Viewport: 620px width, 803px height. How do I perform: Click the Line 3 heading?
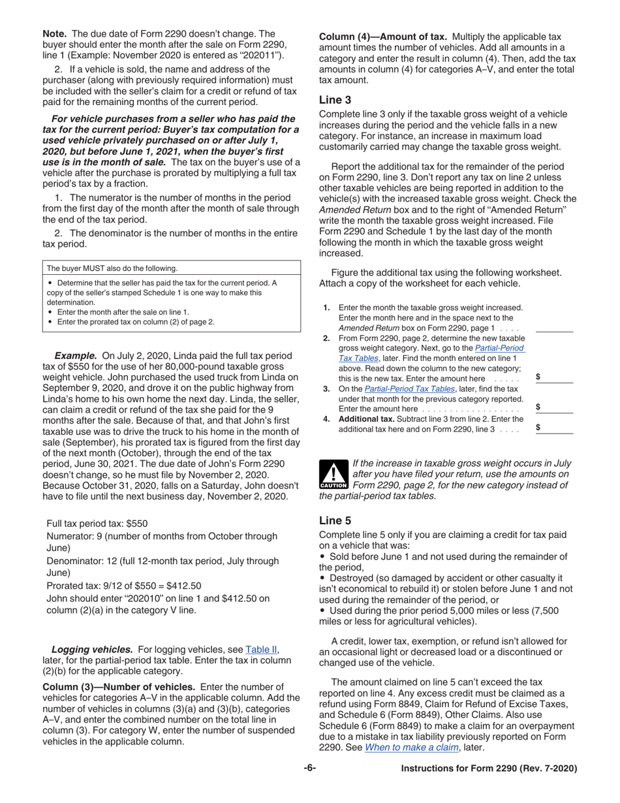(x=335, y=100)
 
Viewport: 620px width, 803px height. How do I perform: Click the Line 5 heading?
(x=335, y=520)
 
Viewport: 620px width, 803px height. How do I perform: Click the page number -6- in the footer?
(x=310, y=768)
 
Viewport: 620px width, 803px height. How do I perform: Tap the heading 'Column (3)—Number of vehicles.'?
(x=119, y=687)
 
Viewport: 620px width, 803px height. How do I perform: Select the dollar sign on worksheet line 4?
(x=538, y=428)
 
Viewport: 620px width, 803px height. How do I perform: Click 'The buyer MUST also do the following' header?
(x=112, y=268)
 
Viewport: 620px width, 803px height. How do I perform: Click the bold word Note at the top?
(x=55, y=33)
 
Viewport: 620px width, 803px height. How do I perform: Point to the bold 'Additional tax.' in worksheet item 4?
(x=366, y=418)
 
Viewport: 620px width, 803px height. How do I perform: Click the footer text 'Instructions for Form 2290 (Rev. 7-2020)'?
(x=489, y=768)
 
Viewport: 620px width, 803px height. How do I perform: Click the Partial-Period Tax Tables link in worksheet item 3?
(x=409, y=388)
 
